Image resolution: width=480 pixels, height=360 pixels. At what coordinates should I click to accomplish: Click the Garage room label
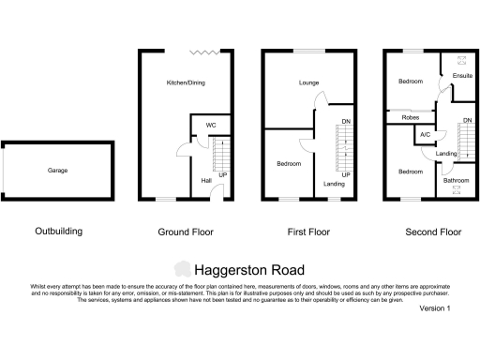(58, 171)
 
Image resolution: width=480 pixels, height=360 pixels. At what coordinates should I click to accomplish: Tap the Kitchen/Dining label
(186, 83)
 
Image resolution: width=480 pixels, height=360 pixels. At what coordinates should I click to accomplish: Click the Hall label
(205, 181)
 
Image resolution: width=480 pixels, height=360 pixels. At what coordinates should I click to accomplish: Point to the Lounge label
(309, 83)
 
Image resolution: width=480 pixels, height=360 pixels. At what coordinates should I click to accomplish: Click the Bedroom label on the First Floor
(289, 164)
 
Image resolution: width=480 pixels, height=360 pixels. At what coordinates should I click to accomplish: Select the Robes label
(411, 118)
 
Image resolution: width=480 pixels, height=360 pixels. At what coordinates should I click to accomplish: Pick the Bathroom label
(457, 180)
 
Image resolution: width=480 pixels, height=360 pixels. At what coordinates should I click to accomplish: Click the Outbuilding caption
(58, 232)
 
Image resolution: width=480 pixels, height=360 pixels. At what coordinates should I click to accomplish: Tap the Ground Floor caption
(187, 232)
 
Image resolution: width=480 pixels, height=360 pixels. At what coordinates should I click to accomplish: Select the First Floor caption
(308, 232)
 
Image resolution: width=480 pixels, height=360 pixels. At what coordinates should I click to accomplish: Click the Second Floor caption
(433, 232)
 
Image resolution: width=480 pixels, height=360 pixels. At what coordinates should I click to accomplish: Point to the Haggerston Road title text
(249, 270)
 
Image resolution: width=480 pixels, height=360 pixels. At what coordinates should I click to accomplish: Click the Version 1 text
(435, 308)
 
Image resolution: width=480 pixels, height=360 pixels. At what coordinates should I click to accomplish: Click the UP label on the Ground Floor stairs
(222, 175)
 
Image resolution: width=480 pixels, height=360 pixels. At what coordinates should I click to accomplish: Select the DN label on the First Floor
(346, 122)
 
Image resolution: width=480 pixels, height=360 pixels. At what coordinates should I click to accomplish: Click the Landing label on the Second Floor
(446, 154)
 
